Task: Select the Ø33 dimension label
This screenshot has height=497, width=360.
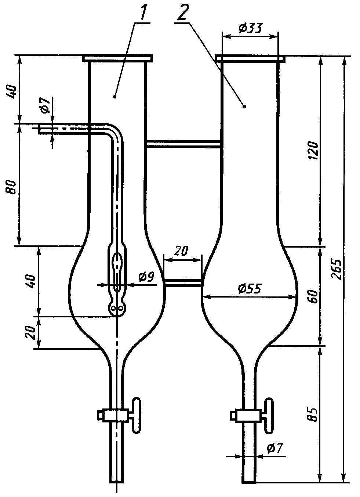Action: click(x=251, y=28)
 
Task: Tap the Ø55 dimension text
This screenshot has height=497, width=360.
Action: click(x=250, y=289)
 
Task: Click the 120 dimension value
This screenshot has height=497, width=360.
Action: click(x=314, y=151)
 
